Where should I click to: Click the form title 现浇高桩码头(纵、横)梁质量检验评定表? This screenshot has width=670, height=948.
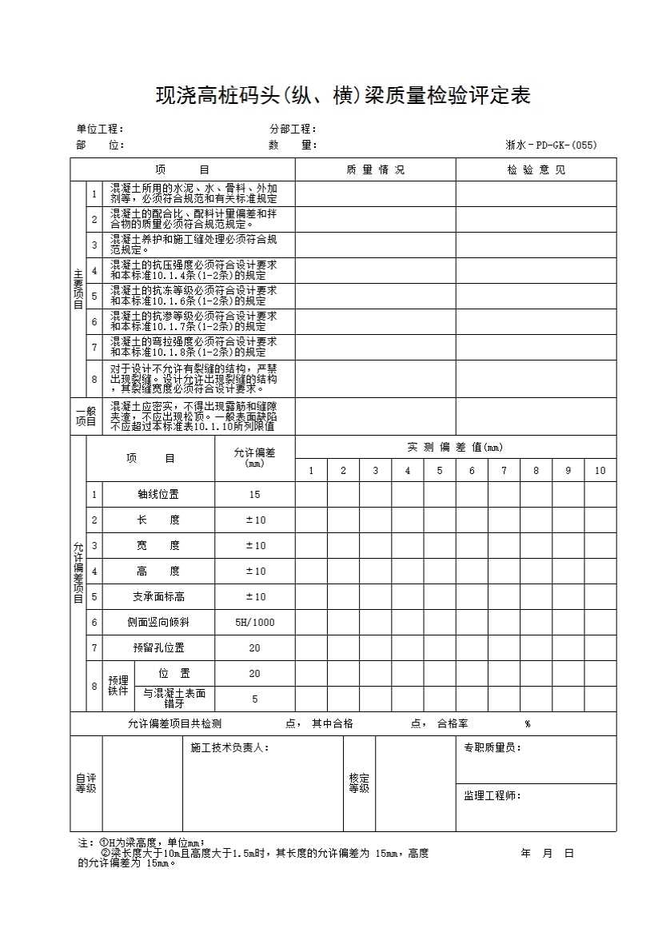342,97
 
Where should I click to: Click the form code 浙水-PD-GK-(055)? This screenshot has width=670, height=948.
551,145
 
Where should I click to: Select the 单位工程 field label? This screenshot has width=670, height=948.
99,129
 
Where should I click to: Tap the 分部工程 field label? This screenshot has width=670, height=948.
293,129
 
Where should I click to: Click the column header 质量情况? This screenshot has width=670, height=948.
375,170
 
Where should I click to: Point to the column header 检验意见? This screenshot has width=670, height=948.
536,170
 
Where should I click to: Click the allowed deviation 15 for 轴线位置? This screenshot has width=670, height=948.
254,495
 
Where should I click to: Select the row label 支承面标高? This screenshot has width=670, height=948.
158,597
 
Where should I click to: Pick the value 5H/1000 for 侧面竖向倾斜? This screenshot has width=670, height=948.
254,623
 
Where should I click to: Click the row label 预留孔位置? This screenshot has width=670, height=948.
158,648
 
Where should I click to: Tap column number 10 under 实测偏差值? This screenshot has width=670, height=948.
600,471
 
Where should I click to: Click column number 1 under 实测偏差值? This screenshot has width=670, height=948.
311,471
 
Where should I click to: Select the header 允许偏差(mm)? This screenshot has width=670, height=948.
254,458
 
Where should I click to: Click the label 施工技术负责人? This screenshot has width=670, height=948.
229,748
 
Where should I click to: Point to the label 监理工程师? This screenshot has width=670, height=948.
493,796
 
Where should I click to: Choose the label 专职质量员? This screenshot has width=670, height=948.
493,748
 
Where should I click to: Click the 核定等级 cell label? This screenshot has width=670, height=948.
359,783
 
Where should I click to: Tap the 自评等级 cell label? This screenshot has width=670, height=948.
86,783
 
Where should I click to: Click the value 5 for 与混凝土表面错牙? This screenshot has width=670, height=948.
254,699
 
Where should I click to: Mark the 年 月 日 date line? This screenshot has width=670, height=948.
548,854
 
